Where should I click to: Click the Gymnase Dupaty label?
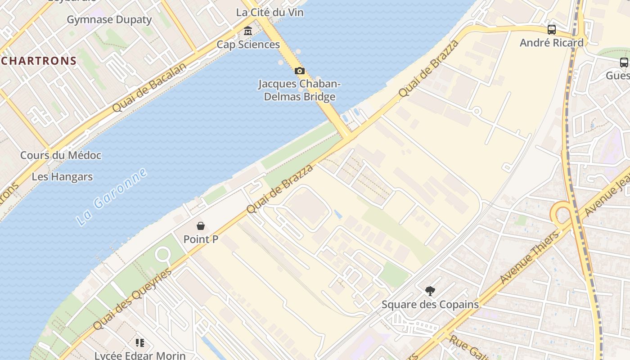pos(109,20)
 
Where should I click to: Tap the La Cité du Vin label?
pos(270,13)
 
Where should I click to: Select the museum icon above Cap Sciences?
pos(248,31)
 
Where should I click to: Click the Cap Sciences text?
pos(248,45)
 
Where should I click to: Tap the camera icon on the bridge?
pos(299,71)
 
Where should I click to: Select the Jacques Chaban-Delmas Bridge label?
pos(299,90)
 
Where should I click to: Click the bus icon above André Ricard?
pos(552,30)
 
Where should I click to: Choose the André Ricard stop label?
pos(551,43)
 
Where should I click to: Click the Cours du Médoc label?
pos(61,155)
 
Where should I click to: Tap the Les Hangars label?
pos(62,177)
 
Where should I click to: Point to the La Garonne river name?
pos(111,197)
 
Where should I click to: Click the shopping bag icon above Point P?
pos(201,226)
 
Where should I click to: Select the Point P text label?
pos(201,239)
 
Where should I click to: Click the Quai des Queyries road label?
pos(132,299)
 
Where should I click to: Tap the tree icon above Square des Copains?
pos(430,291)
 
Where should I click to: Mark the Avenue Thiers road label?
pos(529,257)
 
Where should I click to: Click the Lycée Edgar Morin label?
pos(140,355)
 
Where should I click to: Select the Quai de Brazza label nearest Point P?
pos(279,189)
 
